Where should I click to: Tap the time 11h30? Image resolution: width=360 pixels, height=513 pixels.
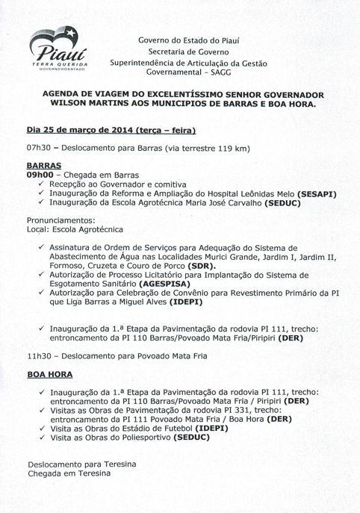pos(38,356)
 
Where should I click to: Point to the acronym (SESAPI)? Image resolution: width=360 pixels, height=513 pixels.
pos(314,194)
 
